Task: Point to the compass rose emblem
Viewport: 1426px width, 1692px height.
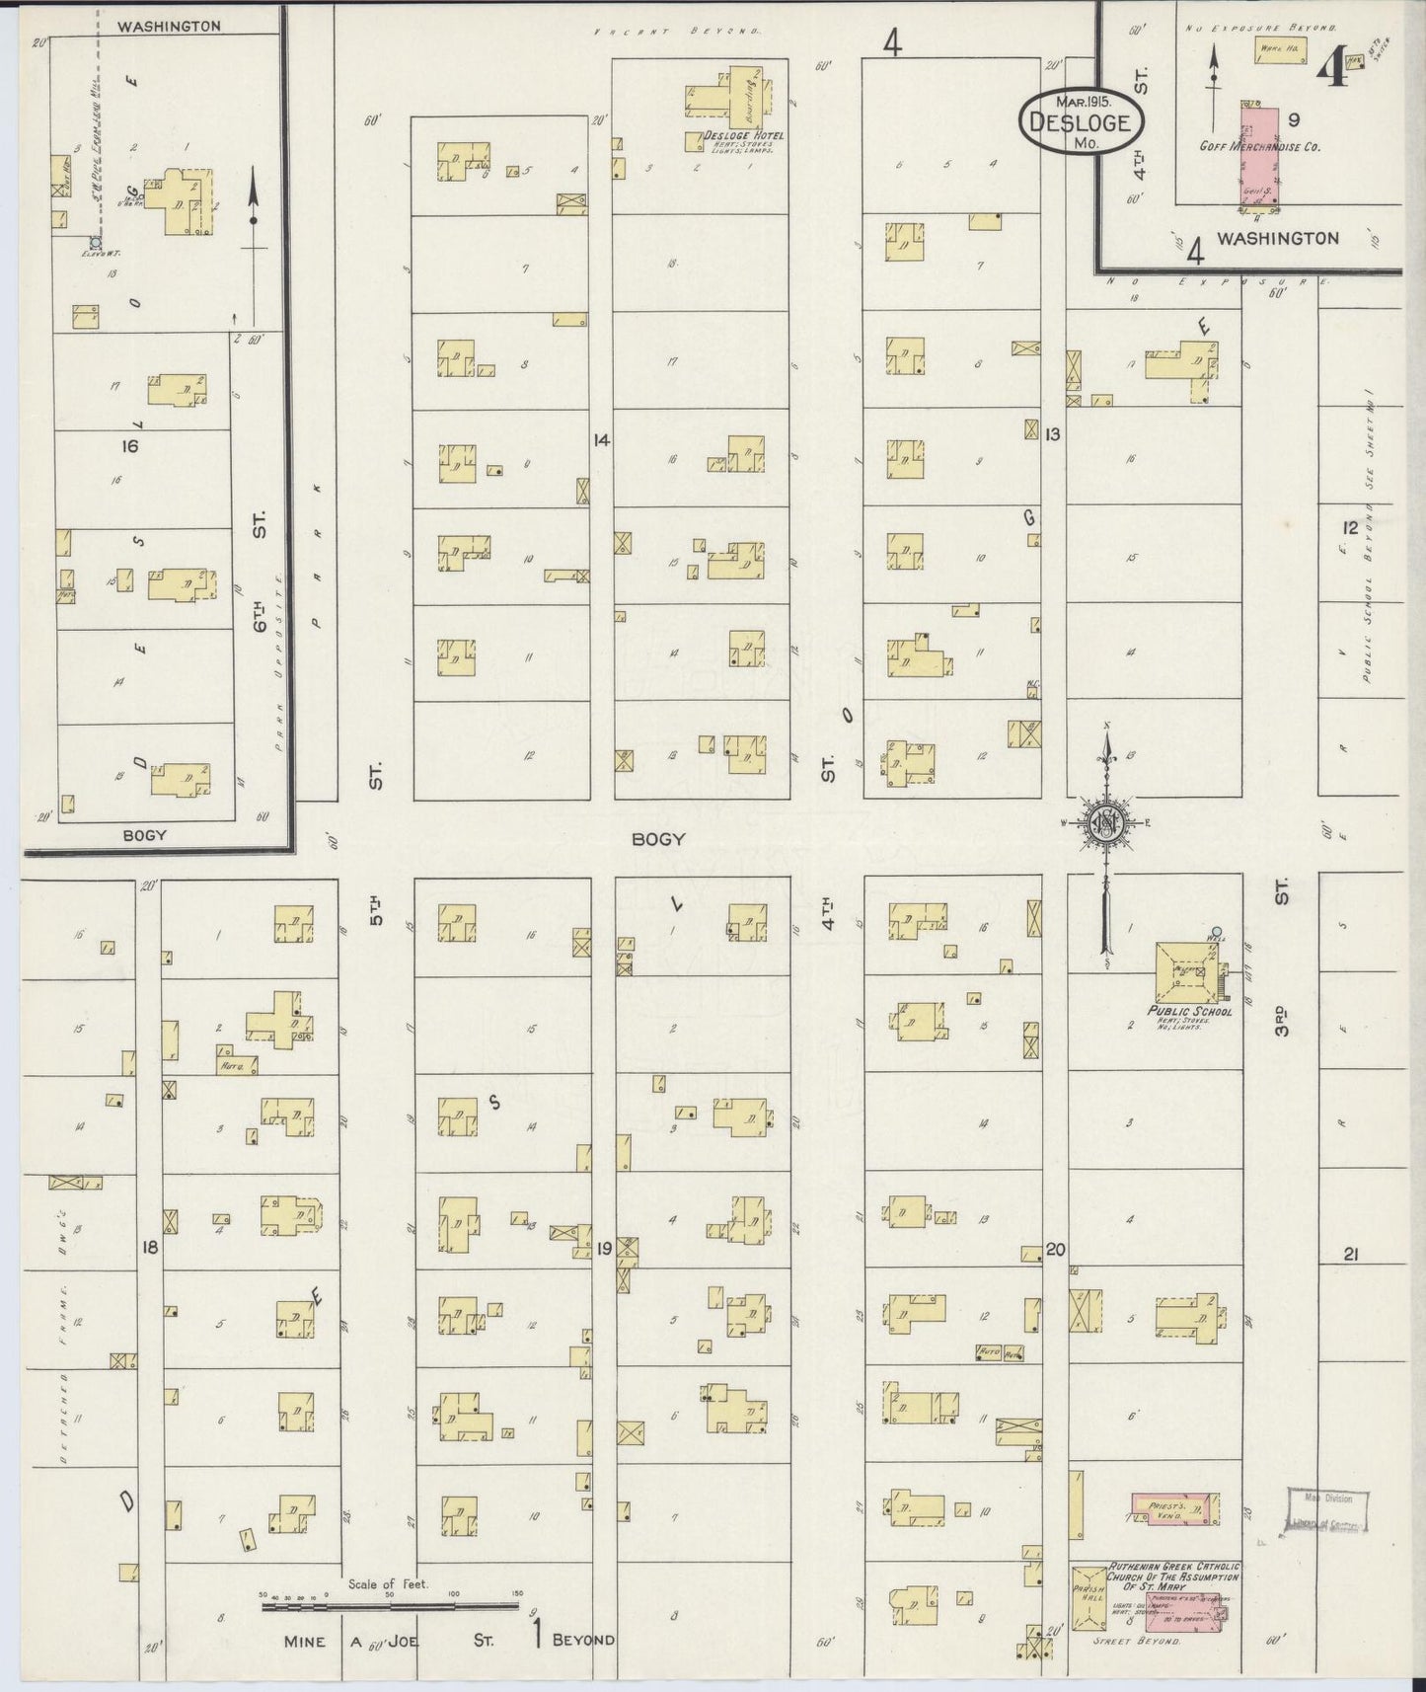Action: point(1105,822)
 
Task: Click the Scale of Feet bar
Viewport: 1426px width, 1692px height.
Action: point(390,1607)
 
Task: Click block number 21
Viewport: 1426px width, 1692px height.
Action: point(1352,1255)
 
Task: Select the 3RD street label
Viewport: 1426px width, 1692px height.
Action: point(1281,1021)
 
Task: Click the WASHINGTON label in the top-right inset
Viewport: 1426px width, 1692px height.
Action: point(1277,238)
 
